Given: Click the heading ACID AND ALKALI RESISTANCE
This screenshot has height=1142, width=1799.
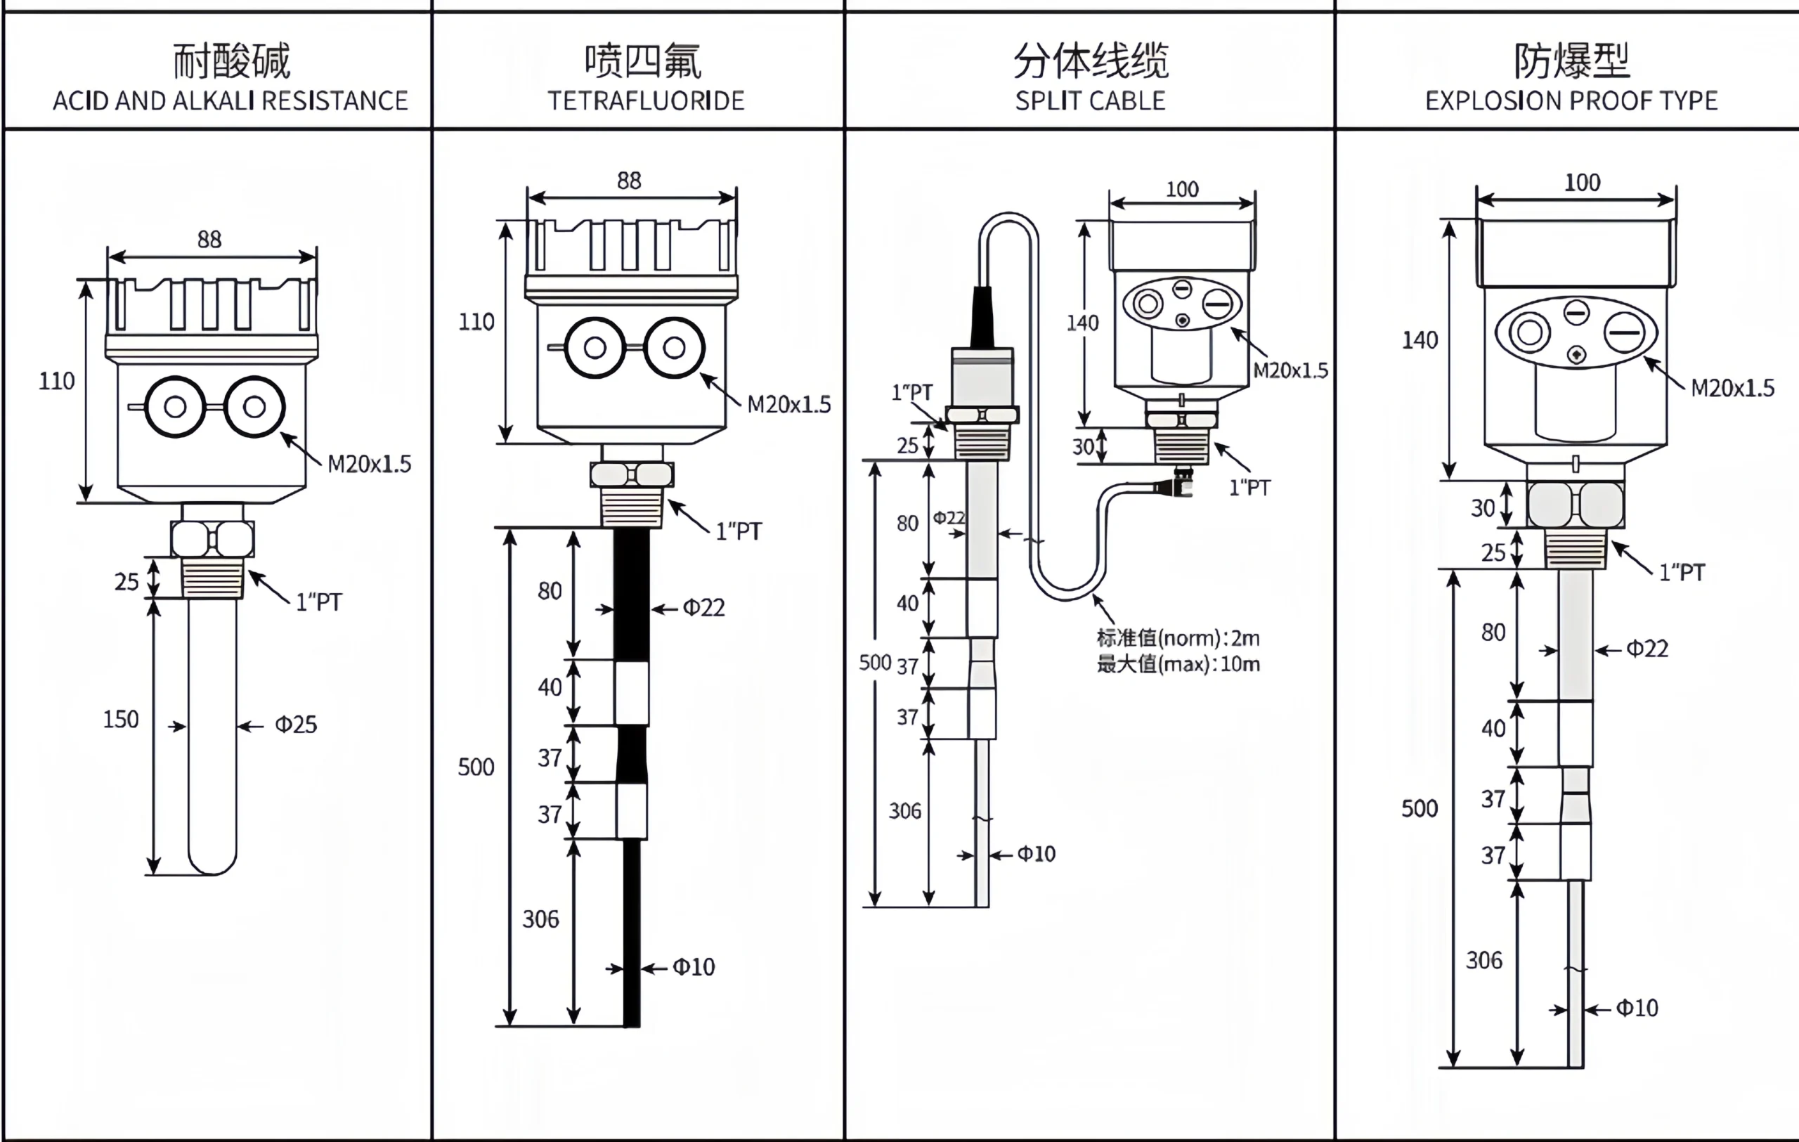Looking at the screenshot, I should coord(230,100).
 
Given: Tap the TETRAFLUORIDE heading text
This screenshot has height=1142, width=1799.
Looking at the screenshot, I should coord(646,100).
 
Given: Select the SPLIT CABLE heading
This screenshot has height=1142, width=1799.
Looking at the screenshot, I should coord(1090,100).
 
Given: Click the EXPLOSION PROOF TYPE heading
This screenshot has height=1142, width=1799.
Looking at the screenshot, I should coord(1571,100).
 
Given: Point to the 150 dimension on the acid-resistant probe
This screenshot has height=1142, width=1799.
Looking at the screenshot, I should coord(120,719).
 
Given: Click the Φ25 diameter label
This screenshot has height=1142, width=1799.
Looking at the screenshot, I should coord(296,725).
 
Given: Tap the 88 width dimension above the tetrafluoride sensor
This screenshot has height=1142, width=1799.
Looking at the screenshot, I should coord(629,181).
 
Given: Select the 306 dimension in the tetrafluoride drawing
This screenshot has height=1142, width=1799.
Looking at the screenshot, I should coord(540,919).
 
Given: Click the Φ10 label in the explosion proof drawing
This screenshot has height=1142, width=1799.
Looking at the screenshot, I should coord(1637,1008).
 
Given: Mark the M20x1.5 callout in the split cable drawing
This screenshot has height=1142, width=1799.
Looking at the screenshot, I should coord(1290,370).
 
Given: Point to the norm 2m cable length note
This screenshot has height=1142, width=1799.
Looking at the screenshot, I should coord(1178,639).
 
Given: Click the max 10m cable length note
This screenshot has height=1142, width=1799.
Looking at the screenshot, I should coord(1178,664).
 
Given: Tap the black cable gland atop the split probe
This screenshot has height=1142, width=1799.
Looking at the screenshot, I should coord(982,318).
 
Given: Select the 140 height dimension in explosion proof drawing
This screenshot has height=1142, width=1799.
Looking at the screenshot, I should coord(1420,341).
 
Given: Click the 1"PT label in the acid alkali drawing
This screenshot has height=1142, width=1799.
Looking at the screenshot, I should coord(318,602).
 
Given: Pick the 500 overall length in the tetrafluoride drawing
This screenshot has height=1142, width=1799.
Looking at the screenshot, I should coord(476,767).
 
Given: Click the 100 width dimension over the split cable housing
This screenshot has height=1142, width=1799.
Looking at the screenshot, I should coord(1182,190).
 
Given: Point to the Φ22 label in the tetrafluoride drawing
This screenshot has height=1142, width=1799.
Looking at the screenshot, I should coord(703,608).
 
